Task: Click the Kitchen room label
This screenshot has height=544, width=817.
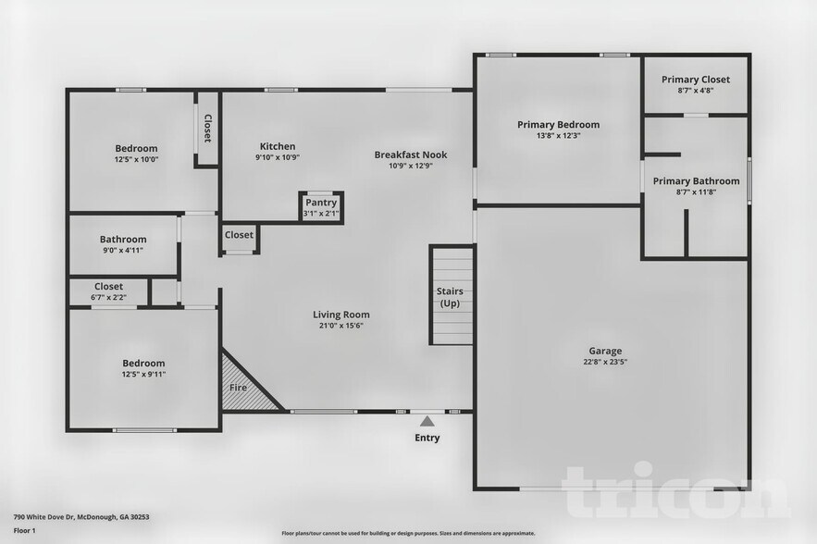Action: pos(278,146)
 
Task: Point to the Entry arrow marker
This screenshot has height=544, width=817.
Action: pos(427,421)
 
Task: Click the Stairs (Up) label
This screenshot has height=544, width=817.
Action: pos(450,297)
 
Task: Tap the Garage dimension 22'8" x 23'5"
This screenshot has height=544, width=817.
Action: pos(605,363)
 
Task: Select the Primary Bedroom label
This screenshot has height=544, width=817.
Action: pos(558,125)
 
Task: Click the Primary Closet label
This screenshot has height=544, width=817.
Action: pos(695,80)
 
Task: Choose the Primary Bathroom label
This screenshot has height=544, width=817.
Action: pos(696,181)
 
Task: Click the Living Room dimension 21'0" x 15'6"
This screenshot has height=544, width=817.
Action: pos(340,326)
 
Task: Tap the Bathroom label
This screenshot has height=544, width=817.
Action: pos(123,239)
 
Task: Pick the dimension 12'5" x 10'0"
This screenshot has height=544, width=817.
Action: pos(136,159)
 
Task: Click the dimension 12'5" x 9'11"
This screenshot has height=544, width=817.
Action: pos(143,374)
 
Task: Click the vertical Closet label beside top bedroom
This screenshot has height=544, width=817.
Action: pos(207,129)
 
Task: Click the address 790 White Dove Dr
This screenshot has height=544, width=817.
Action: pos(81,517)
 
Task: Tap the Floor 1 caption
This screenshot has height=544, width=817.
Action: pos(24,530)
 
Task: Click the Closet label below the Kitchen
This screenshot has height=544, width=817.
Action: pos(239,235)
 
